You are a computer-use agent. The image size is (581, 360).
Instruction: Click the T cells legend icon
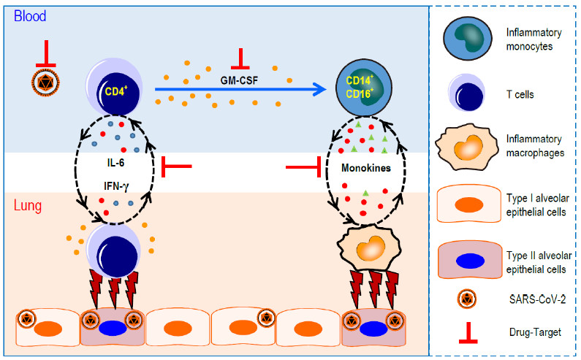(466, 94)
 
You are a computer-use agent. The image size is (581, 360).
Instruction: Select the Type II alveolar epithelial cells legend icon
(466, 258)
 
